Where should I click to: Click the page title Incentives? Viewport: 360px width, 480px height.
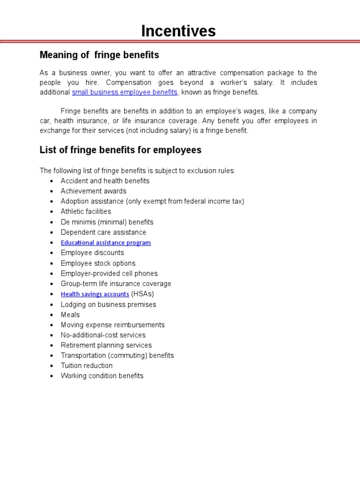[x=179, y=31]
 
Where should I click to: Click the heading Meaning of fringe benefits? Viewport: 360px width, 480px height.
[x=99, y=55]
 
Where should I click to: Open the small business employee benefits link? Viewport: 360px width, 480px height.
[x=125, y=92]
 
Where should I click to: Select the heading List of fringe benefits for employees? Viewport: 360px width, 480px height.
[x=120, y=150]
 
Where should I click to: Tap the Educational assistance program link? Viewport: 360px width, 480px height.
[x=105, y=243]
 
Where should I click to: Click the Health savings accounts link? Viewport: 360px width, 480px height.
[x=95, y=294]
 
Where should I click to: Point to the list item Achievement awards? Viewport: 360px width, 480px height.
[x=93, y=191]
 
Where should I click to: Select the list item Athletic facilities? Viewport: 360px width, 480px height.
[x=86, y=212]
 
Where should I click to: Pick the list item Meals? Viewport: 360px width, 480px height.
[x=70, y=315]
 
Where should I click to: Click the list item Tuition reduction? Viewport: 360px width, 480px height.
[x=87, y=366]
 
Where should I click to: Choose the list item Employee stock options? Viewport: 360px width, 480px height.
[x=98, y=263]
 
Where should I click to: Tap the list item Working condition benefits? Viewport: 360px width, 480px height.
[x=102, y=376]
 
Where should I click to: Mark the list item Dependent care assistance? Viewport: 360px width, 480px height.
[x=103, y=232]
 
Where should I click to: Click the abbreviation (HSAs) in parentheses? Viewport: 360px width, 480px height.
[x=142, y=294]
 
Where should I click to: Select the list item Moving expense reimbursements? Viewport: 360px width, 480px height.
[x=112, y=325]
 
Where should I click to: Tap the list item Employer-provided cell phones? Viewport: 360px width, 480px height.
[x=109, y=274]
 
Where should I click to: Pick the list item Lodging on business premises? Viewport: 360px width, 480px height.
[x=108, y=305]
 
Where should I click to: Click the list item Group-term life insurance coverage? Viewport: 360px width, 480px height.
[x=116, y=284]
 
